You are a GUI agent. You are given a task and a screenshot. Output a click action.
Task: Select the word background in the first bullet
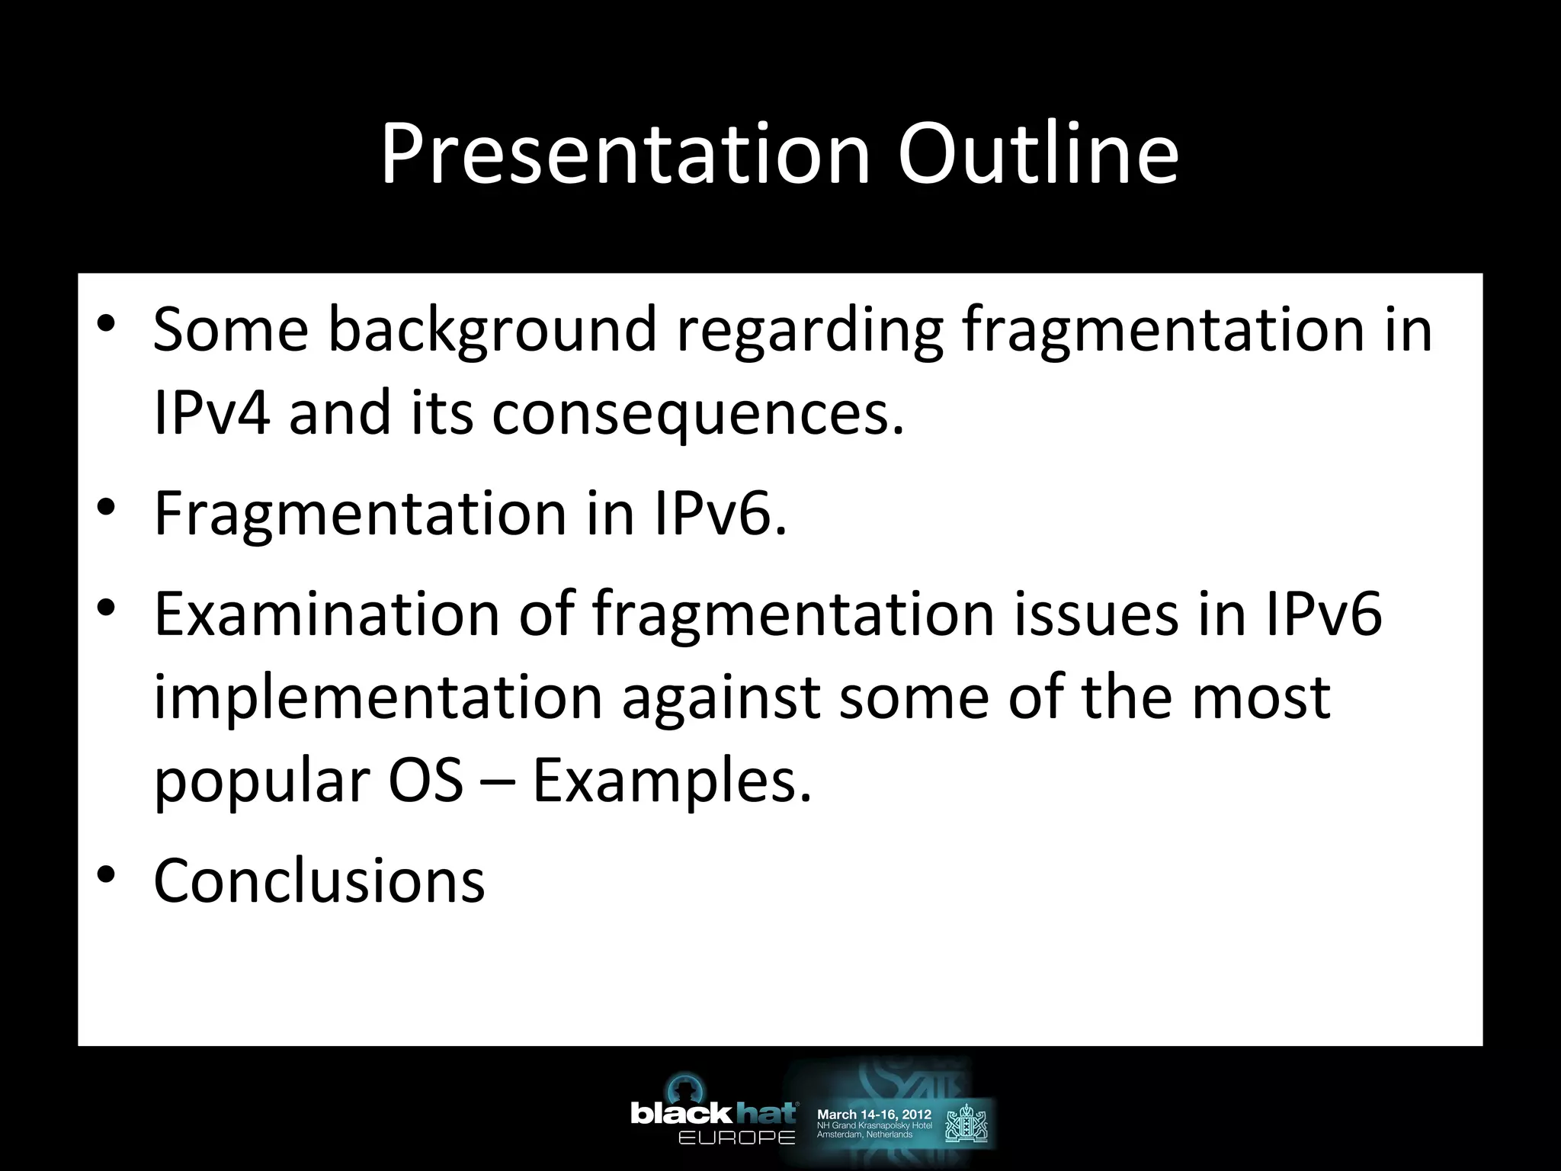click(x=492, y=331)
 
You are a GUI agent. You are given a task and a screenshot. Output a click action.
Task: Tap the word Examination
click(x=326, y=614)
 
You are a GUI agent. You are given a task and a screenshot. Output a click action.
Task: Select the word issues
click(x=1095, y=614)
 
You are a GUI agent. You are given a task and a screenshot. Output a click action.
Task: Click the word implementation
click(x=378, y=698)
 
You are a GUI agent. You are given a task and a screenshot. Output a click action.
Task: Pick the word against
click(x=721, y=698)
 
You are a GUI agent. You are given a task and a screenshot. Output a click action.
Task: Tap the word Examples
click(x=671, y=783)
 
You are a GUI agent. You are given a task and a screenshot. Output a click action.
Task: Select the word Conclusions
click(x=319, y=881)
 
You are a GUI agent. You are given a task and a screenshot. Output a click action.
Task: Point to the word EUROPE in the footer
click(x=736, y=1138)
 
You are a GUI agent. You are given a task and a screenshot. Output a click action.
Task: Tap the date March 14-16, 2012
click(x=873, y=1115)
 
